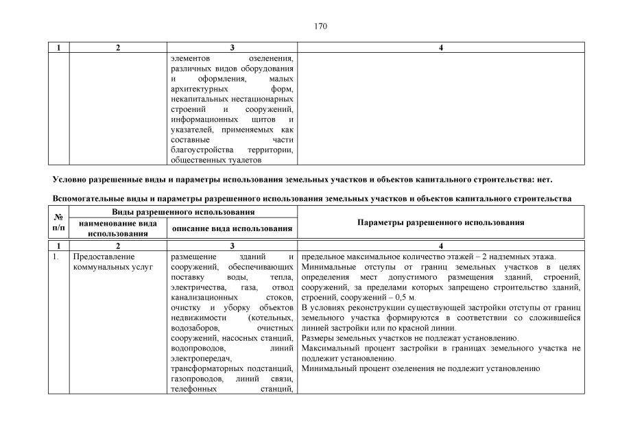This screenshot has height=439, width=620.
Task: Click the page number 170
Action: [320, 27]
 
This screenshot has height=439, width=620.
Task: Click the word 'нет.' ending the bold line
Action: [542, 180]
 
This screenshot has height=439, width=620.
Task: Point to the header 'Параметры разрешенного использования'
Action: [441, 223]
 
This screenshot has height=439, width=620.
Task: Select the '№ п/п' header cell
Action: [58, 222]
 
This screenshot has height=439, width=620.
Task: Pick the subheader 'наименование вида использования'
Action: [118, 228]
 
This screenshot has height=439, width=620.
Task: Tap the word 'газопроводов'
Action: [195, 379]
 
